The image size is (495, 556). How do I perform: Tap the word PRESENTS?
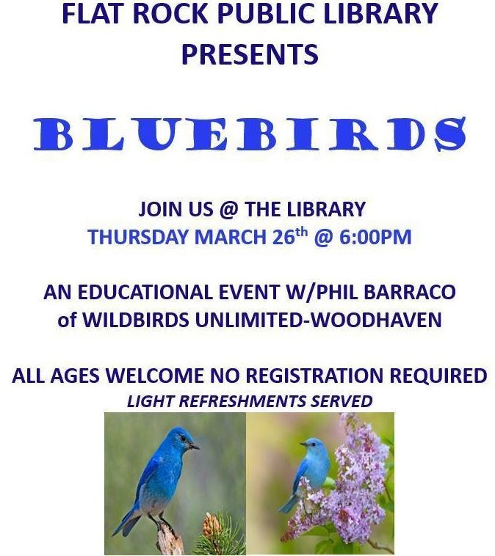pos(250,54)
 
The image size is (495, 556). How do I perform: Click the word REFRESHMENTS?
pos(248,400)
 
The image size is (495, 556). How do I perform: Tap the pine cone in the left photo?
pos(212,524)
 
